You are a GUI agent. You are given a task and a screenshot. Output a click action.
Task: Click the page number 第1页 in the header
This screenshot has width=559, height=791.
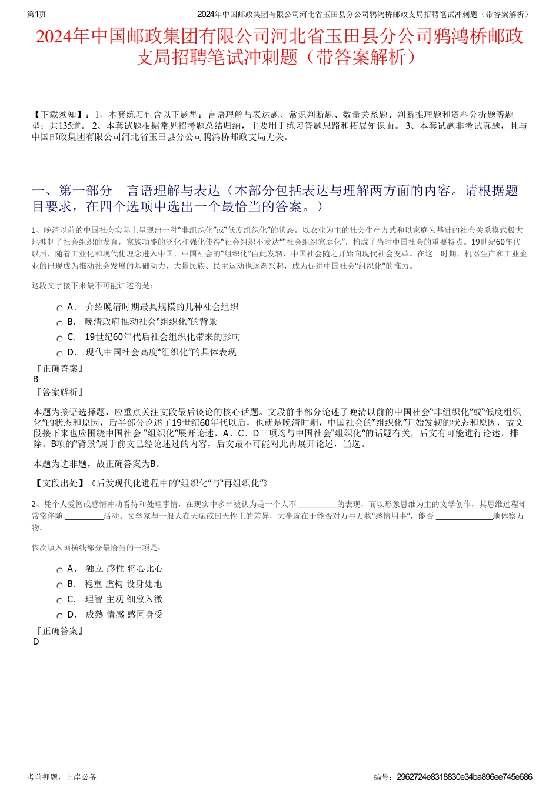tap(36, 14)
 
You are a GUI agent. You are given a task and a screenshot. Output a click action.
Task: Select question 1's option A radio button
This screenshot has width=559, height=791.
tap(59, 308)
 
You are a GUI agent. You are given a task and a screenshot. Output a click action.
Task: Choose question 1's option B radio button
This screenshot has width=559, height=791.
tap(59, 323)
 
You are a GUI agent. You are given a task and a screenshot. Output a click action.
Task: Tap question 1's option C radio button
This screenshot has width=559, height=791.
tap(59, 338)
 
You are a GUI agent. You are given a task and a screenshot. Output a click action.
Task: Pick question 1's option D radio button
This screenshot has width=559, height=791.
tap(59, 353)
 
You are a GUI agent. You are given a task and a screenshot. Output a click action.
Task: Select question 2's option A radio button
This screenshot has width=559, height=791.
tap(59, 570)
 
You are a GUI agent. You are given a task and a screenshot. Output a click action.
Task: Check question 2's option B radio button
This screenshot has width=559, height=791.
tap(59, 585)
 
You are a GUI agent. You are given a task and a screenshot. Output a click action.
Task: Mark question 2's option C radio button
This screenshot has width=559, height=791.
tap(59, 600)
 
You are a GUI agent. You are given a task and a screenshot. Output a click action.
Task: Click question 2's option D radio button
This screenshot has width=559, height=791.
tap(59, 616)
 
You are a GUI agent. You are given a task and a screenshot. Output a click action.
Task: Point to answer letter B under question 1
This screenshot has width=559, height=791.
tap(36, 379)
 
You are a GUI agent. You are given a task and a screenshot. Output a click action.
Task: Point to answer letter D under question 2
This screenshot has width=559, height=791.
tap(36, 642)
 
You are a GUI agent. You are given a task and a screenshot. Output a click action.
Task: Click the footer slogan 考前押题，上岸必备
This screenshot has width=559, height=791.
tap(62, 777)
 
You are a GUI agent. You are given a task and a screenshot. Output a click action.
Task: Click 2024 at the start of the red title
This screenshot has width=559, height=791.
tap(54, 36)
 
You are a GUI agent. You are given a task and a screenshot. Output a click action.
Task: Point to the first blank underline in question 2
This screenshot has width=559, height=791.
tap(318, 505)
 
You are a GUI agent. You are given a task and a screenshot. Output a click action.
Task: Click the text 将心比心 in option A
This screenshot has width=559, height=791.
tap(145, 569)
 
